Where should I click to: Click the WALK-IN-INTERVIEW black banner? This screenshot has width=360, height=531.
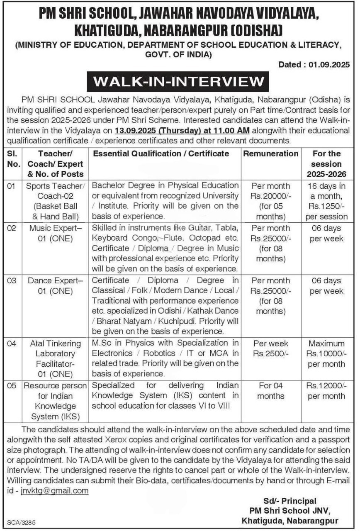[x=178, y=81]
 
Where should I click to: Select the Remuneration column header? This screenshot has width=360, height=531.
[x=270, y=153]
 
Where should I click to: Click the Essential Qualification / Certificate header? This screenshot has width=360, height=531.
[x=161, y=153]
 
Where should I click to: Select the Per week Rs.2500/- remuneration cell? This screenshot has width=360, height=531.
[x=270, y=349]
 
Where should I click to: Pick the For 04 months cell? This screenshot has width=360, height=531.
[x=270, y=391]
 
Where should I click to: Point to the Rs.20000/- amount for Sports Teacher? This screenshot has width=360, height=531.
[x=270, y=196]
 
